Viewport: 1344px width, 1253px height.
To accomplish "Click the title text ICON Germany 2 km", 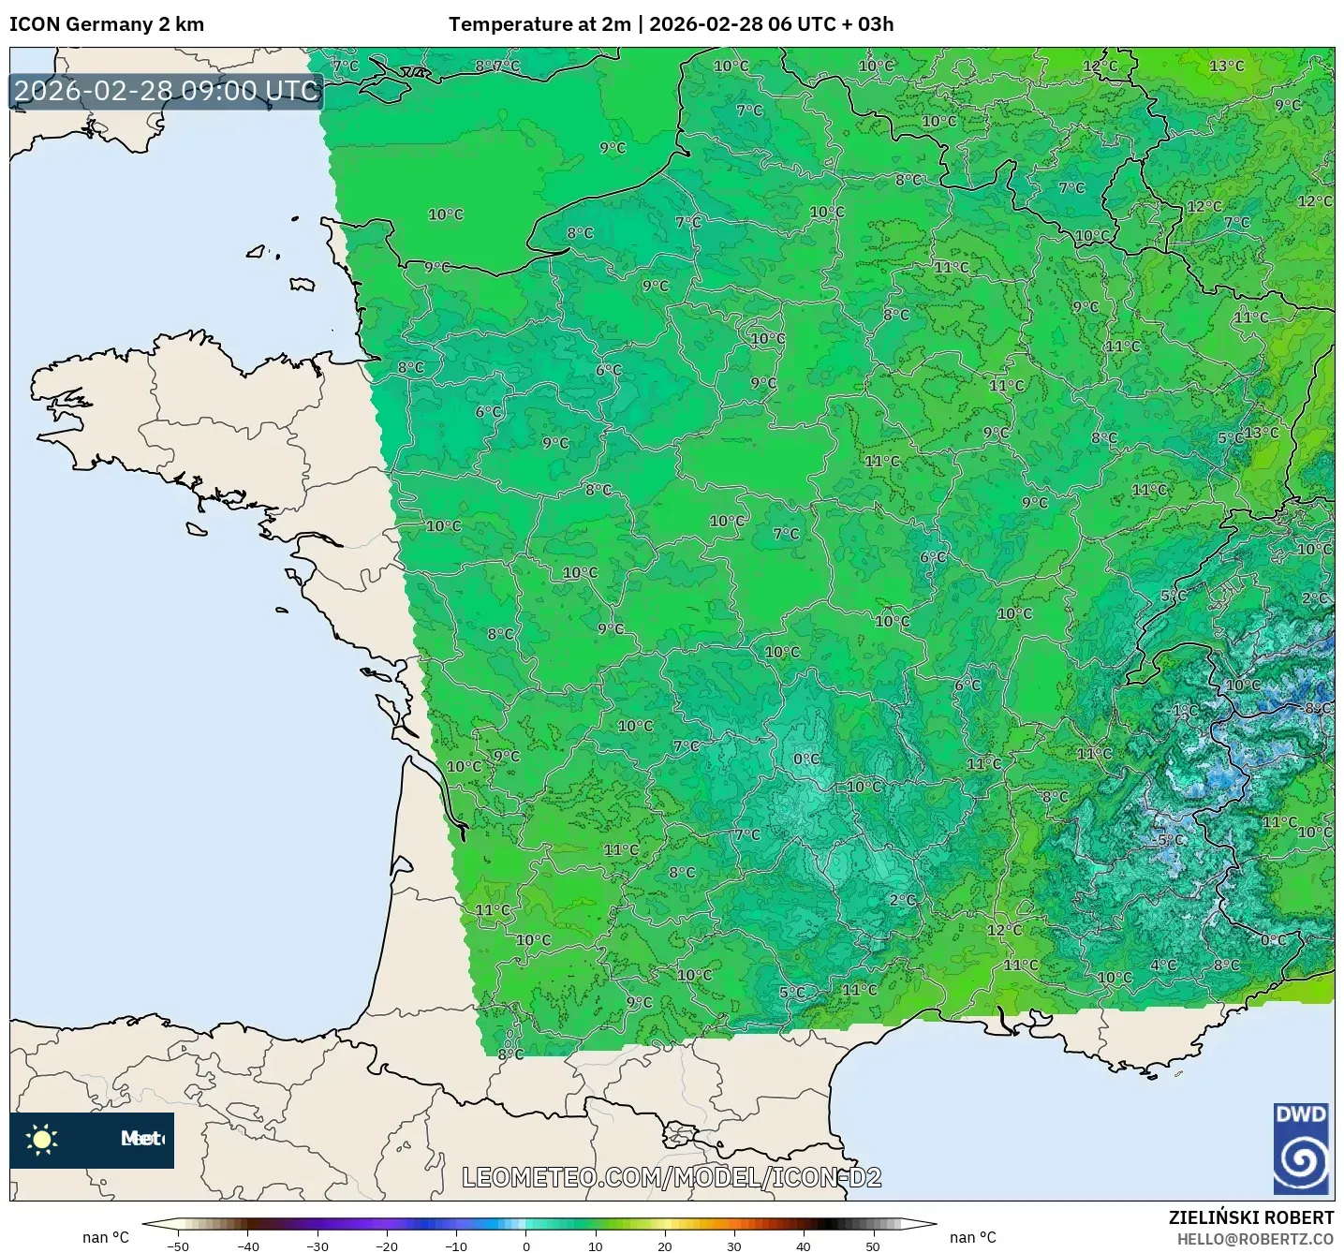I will coord(107,24).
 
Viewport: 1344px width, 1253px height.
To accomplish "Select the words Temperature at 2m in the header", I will coord(539,24).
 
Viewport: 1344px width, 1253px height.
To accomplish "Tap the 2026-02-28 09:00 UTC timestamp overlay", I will coord(167,91).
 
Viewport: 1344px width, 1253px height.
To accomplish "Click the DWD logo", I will coord(1301,1148).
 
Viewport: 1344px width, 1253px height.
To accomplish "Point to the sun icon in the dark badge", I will coord(42,1139).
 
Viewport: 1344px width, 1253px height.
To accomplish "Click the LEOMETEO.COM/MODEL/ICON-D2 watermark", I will coord(672,1177).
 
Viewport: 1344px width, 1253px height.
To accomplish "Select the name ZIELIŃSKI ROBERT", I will coord(1250,1217).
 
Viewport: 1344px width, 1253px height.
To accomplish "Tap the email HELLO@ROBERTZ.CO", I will coord(1255,1239).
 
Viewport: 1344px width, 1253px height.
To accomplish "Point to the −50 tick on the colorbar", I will coord(177,1246).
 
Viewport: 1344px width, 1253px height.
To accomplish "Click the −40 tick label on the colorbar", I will coord(247,1246).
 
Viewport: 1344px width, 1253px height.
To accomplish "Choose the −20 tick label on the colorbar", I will coord(386,1246).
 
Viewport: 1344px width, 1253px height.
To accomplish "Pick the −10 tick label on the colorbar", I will coord(455,1246).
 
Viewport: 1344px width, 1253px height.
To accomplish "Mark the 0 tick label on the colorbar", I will coord(526,1246).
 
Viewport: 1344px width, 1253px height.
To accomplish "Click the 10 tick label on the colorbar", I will coord(596,1246).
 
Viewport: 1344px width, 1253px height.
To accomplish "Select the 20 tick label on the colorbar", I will coord(665,1246).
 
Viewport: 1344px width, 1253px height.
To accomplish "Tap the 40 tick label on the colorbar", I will coord(804,1246).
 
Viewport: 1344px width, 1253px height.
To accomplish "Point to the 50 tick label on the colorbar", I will coord(873,1246).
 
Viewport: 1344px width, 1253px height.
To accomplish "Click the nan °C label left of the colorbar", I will coord(105,1237).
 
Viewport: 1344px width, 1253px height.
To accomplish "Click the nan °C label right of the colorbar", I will coord(972,1237).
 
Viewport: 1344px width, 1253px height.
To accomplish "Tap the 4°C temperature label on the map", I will coord(1163,966).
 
